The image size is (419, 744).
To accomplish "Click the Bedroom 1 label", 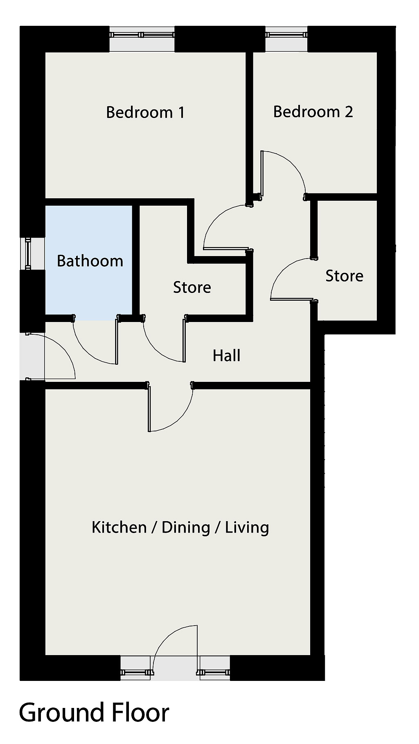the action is coord(145,112).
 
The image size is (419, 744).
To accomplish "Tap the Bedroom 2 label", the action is coord(313,111).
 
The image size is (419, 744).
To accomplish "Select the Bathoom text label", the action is coord(90,261).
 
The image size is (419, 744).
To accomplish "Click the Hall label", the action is coord(226,356).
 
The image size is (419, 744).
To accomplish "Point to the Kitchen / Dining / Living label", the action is coord(180,527).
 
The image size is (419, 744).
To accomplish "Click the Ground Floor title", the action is coord(94,712).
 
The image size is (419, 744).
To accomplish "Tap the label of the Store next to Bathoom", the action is coord(192,287).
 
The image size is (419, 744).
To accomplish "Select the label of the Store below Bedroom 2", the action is coord(344,276).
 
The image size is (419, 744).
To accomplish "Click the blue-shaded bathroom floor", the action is coord(88,262).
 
